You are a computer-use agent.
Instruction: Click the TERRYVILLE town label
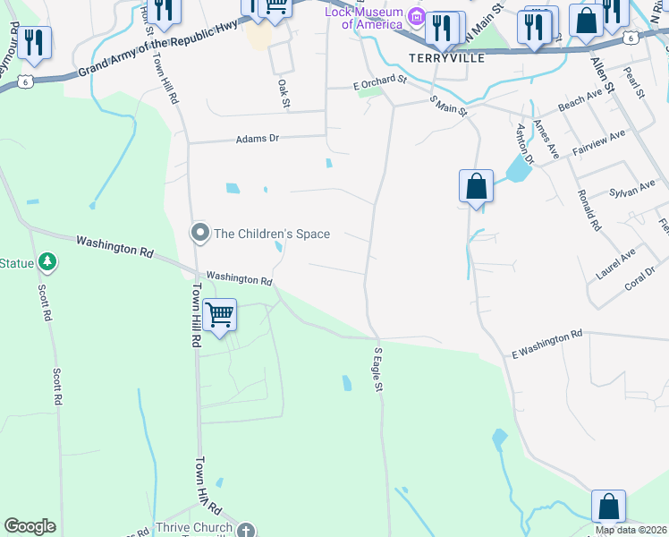point(446,57)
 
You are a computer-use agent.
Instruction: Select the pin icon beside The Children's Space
point(199,234)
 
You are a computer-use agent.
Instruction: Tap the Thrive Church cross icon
point(247,528)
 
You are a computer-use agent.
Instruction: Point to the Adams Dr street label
point(258,139)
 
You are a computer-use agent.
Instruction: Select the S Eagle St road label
point(378,369)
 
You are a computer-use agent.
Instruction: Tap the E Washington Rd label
point(546,345)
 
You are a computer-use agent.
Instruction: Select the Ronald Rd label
point(588,210)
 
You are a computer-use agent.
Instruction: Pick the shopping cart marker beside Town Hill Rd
point(219,315)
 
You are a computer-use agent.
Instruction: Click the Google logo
point(30,526)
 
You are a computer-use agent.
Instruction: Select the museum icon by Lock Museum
point(416,16)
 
